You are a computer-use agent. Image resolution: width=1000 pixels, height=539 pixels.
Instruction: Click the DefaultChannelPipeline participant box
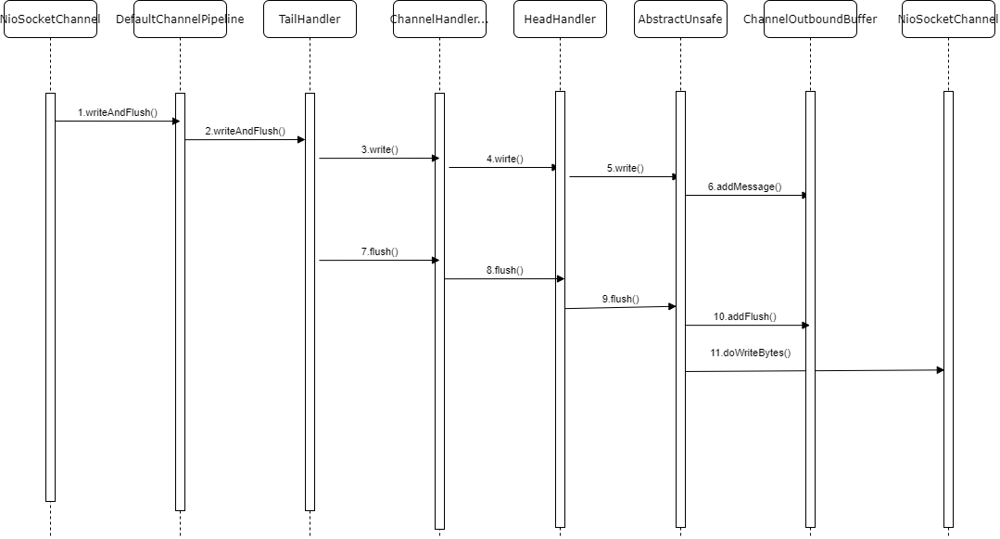click(180, 19)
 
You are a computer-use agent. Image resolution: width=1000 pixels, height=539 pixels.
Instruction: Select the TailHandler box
click(310, 19)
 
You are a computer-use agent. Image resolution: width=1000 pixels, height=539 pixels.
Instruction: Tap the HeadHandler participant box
click(560, 19)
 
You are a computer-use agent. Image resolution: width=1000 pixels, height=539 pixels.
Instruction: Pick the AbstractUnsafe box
click(680, 19)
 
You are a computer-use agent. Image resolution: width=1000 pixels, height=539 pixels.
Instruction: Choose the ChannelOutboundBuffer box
click(810, 19)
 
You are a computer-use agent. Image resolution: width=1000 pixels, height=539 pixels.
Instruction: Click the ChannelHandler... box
click(439, 19)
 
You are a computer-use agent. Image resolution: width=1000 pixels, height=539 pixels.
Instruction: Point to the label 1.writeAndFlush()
click(118, 112)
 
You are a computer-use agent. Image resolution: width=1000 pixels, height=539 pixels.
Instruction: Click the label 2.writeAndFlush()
click(246, 131)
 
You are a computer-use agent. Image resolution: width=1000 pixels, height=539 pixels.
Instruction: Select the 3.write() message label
click(380, 149)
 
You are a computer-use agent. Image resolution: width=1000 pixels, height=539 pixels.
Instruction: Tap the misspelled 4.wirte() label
click(505, 159)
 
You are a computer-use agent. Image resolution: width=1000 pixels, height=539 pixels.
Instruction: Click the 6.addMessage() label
click(745, 186)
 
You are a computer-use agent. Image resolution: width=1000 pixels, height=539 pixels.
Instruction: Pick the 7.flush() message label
click(380, 251)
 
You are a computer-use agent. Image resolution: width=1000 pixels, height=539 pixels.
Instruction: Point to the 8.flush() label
click(505, 270)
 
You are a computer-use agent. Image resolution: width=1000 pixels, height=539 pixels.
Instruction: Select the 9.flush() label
click(621, 299)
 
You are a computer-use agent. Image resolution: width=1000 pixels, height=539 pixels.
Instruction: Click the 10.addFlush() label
click(745, 316)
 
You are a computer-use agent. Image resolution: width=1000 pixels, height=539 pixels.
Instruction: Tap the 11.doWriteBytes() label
click(751, 353)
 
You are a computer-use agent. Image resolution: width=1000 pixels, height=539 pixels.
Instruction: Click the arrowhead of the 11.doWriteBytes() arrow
click(940, 370)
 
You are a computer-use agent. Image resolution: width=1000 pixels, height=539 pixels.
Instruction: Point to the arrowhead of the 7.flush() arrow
click(436, 260)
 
